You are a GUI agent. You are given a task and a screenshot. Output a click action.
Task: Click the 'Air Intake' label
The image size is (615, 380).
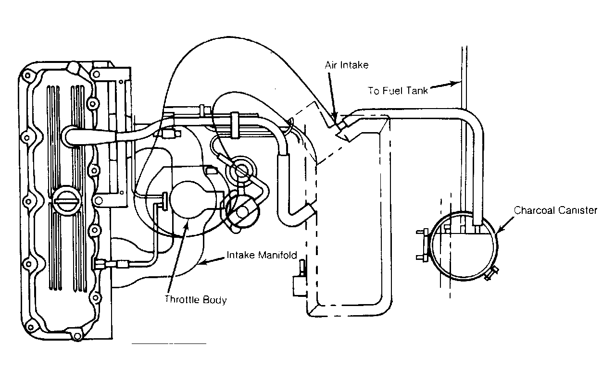[347, 65]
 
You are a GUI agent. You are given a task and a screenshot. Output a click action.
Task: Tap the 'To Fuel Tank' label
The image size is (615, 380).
[398, 91]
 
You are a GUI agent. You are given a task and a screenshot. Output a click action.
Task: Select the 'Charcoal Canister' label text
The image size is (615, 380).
[555, 210]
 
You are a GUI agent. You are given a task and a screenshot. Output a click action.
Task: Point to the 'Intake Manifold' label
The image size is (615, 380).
[262, 255]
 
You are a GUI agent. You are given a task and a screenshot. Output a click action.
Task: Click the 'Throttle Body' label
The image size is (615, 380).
[196, 300]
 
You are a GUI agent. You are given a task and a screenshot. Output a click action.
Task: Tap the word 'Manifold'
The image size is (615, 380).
[277, 255]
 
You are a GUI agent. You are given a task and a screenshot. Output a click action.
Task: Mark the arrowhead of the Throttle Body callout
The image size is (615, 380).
[187, 223]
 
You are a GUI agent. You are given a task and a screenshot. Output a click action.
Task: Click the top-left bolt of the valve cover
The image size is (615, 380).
[27, 75]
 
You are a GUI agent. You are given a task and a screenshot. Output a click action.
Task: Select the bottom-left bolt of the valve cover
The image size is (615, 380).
[30, 327]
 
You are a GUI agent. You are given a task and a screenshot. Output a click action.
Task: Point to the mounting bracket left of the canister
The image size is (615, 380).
[423, 245]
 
